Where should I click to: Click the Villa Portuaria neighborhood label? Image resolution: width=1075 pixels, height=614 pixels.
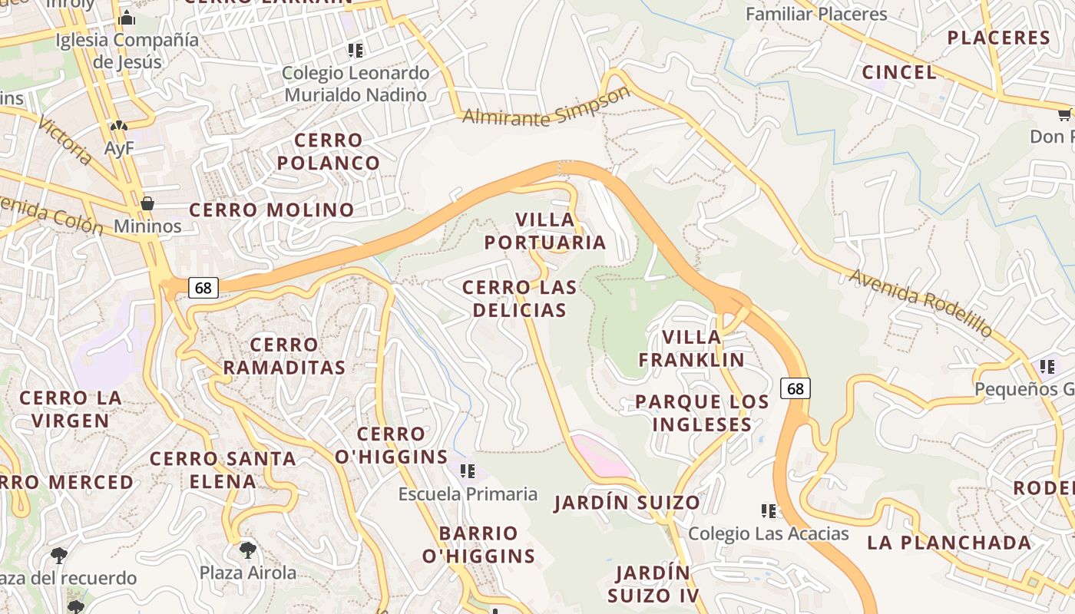545,231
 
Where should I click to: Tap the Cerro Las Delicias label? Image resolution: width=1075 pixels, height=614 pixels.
519,299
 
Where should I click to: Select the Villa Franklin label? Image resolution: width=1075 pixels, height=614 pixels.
691,348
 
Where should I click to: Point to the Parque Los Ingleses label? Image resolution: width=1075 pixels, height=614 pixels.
702,413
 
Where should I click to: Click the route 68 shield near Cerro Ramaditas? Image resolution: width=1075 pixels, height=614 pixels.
203,288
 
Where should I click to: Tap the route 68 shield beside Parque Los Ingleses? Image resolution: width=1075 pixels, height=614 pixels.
795,388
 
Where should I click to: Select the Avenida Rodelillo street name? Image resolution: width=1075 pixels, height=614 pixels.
921,302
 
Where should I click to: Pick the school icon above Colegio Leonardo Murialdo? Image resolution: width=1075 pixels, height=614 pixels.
355,51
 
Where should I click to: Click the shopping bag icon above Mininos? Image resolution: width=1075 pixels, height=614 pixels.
147,203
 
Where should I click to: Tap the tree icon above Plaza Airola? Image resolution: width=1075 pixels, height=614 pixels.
247,550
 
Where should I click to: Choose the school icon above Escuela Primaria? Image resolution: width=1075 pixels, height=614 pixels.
467,470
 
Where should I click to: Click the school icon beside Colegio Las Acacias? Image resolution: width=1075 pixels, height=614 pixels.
768,510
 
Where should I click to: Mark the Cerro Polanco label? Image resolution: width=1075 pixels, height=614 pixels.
329,151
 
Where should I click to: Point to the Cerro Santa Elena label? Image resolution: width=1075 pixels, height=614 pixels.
223,470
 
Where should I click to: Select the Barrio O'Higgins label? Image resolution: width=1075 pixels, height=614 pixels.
478,545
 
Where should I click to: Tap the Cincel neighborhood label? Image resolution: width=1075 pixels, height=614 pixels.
899,72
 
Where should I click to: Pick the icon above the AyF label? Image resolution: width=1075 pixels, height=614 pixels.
118,125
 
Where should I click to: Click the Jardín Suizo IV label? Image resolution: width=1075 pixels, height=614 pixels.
653,584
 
